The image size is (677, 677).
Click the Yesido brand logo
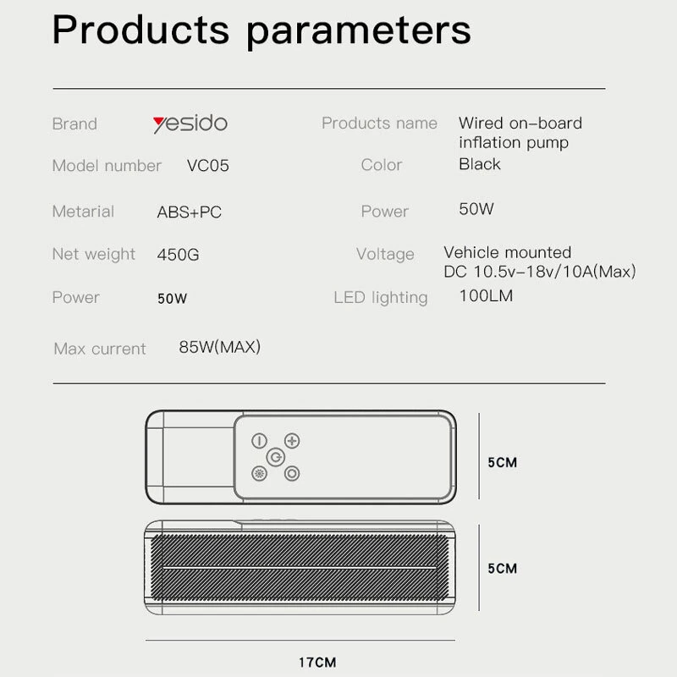[190, 124]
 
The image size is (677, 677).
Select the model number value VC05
[207, 166]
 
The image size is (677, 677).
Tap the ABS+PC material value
[189, 212]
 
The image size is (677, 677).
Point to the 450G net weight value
[178, 255]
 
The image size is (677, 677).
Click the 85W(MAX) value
[220, 347]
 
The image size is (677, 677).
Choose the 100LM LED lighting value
[486, 295]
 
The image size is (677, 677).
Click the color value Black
[479, 164]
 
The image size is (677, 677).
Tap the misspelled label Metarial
[83, 212]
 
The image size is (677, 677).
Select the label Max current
[100, 349]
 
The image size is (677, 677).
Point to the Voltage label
[385, 255]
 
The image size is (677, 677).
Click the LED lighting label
[380, 298]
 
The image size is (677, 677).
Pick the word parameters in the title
[359, 32]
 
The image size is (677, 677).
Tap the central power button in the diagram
[276, 457]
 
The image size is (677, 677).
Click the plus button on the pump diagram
[292, 441]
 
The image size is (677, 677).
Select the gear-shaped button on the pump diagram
[259, 474]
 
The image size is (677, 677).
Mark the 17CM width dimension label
[317, 663]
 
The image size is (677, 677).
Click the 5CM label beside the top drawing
[502, 462]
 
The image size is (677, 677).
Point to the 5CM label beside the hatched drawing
[502, 568]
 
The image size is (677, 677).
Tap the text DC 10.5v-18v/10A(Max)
[540, 272]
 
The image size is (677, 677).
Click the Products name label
[379, 124]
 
